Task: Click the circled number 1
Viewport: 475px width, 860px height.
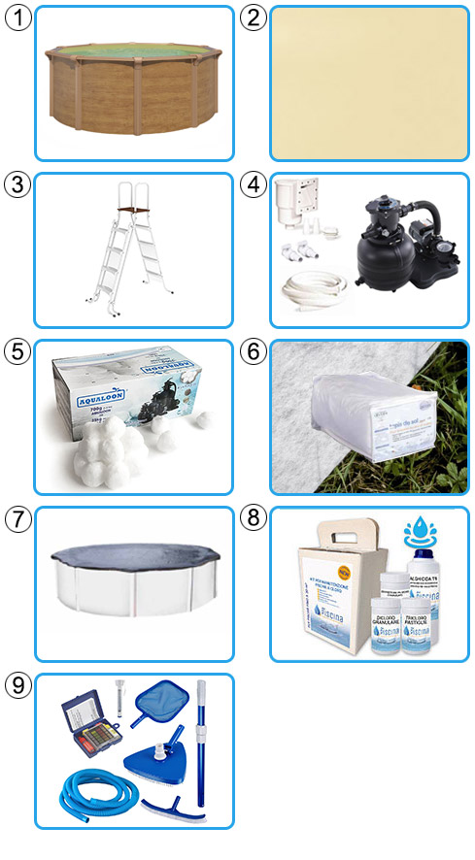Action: click(18, 17)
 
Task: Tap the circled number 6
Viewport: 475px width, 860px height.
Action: click(254, 351)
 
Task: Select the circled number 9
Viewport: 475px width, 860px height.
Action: click(18, 685)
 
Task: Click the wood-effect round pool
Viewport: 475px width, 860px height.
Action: click(134, 87)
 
